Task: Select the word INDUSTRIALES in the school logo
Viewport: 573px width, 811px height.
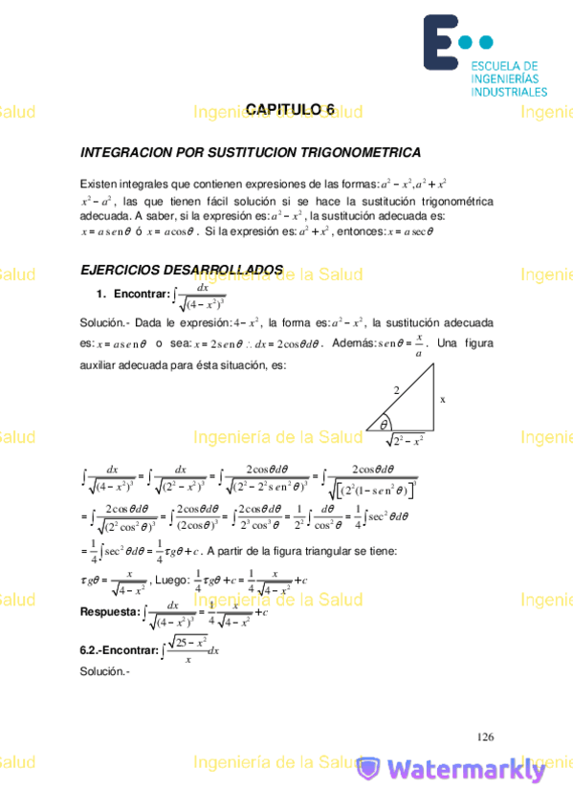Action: [x=508, y=92]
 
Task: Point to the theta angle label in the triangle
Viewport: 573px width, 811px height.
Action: [x=384, y=424]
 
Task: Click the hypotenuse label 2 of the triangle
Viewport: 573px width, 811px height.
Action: [x=394, y=389]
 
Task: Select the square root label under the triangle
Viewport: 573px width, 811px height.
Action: [x=406, y=440]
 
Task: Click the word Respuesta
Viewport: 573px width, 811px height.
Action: [x=110, y=609]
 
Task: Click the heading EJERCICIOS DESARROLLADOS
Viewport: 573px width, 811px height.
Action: [x=182, y=271]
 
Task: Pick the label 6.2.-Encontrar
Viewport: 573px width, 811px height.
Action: [x=119, y=650]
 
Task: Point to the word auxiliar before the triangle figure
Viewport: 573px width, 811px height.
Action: [x=102, y=364]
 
